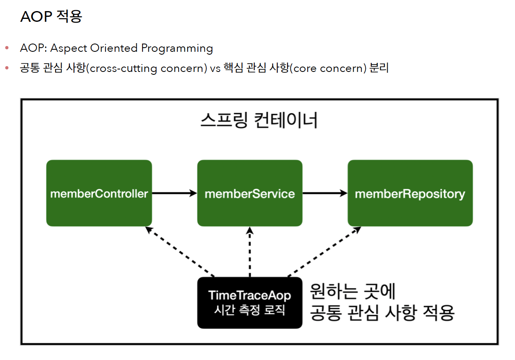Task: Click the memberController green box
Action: (x=99, y=193)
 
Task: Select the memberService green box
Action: (x=250, y=193)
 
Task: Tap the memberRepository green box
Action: (x=410, y=193)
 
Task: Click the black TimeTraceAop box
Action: (x=250, y=303)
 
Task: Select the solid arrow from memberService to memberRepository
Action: (x=324, y=193)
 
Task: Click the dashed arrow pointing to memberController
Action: (x=181, y=252)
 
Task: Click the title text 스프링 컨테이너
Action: (x=259, y=121)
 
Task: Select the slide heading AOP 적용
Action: (x=51, y=16)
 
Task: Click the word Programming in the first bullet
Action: (x=177, y=48)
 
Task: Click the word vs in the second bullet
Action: (x=215, y=69)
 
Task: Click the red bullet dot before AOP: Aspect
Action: (x=7, y=48)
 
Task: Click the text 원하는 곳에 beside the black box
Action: (x=352, y=291)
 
